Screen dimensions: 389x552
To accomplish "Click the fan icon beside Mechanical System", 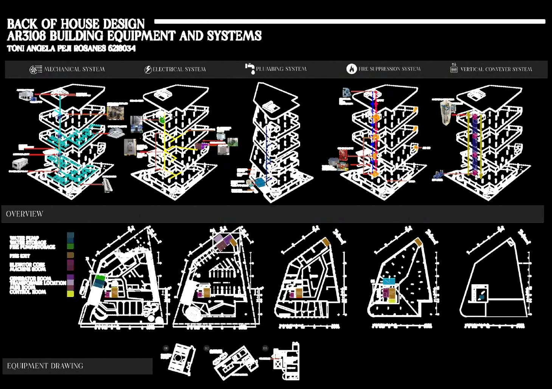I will tap(36, 69).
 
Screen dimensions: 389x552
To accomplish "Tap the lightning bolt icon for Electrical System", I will tap(148, 69).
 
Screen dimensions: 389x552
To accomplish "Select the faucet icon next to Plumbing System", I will tap(250, 68).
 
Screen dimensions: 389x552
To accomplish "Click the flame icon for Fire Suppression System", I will tap(352, 69).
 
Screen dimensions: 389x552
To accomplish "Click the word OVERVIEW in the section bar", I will tap(25, 214).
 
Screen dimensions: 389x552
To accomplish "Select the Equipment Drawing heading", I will tap(45, 366).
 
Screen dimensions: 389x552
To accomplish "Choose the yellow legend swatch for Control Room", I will tap(70, 294).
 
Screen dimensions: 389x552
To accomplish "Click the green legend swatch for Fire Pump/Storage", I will tap(70, 246).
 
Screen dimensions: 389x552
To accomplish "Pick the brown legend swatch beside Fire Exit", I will tap(70, 255).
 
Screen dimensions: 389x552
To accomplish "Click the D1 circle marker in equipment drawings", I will tap(166, 348).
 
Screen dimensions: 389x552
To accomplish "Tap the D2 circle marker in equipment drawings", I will tap(206, 348).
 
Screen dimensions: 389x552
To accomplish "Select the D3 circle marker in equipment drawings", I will tap(265, 348).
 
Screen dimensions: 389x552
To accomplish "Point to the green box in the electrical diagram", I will tap(162, 120).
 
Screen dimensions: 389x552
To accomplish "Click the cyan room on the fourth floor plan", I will tap(389, 281).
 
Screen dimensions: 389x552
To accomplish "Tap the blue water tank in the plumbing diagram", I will tap(260, 183).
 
